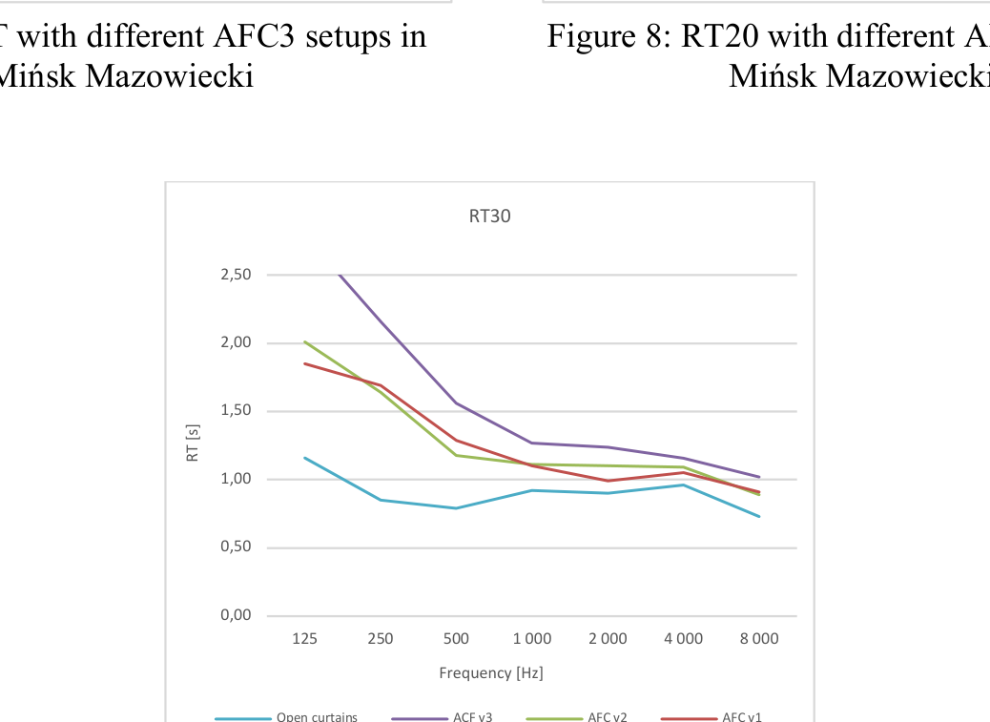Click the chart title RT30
click(x=489, y=217)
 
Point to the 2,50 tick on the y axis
click(x=236, y=275)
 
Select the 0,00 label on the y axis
click(x=236, y=615)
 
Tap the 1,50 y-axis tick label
click(x=236, y=411)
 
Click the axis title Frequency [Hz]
click(x=490, y=672)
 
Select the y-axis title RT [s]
click(x=193, y=444)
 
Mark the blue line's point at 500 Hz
click(x=456, y=507)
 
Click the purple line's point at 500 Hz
click(x=456, y=402)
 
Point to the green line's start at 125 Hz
click(x=304, y=341)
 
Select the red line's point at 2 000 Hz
click(x=608, y=481)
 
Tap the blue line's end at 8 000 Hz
click(x=759, y=516)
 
